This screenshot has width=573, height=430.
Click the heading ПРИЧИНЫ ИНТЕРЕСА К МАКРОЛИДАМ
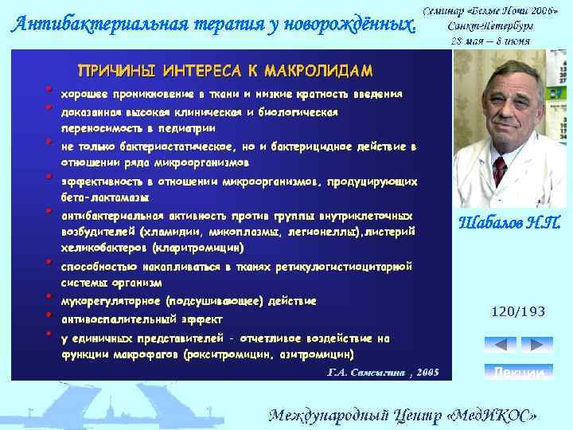[224, 70]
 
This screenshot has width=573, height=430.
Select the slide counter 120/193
[519, 311]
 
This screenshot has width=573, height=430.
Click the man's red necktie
[500, 169]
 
